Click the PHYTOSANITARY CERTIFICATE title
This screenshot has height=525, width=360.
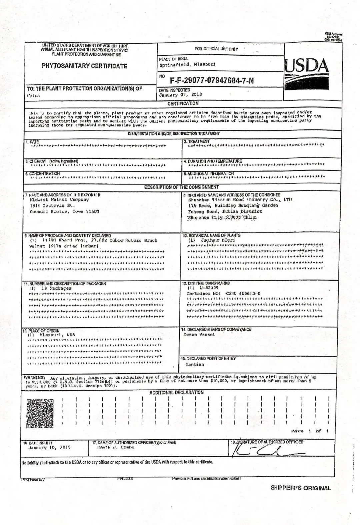point(84,66)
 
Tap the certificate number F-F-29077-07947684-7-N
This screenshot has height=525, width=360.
point(212,80)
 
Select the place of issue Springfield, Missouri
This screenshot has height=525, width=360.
point(187,64)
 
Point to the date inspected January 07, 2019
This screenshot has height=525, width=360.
point(180,94)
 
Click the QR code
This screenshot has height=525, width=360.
point(40,413)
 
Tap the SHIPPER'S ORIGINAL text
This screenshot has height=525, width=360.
point(300,488)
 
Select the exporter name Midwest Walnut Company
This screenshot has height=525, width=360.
point(57,200)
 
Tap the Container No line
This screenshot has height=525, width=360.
point(223,294)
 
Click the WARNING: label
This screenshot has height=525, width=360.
point(35,377)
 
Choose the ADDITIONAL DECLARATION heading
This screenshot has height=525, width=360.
point(176,392)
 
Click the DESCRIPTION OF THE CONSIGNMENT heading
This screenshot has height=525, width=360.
point(181,187)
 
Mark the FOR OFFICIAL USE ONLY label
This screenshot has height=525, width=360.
point(216,49)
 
